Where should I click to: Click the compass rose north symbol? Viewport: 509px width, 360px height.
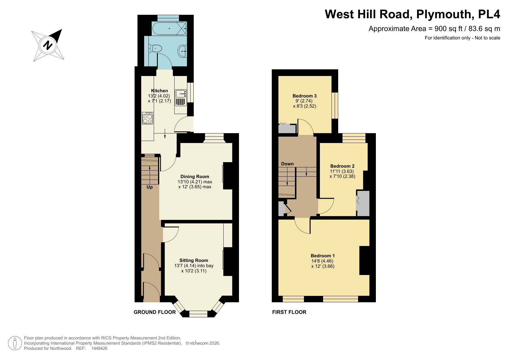pyautogui.click(x=48, y=46)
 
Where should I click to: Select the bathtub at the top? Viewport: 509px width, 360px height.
pyautogui.click(x=169, y=28)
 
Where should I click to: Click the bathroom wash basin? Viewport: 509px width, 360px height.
pyautogui.click(x=182, y=52)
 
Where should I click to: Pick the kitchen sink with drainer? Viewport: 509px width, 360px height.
pyautogui.click(x=181, y=98)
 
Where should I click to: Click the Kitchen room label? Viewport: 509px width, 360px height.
pyautogui.click(x=159, y=91)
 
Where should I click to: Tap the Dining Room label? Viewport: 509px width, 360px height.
pyautogui.click(x=195, y=176)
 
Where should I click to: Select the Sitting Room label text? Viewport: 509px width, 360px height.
pyautogui.click(x=193, y=260)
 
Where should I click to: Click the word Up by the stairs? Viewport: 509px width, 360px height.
pyautogui.click(x=149, y=187)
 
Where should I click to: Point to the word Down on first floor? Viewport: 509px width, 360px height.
pyautogui.click(x=287, y=164)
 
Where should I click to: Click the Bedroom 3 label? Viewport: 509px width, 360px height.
pyautogui.click(x=304, y=96)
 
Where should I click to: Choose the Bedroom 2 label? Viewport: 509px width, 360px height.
pyautogui.click(x=342, y=166)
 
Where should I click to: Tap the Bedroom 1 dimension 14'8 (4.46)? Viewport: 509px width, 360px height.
pyautogui.click(x=322, y=261)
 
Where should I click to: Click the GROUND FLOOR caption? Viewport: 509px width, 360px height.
pyautogui.click(x=155, y=312)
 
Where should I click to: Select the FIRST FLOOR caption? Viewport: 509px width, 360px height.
pyautogui.click(x=289, y=312)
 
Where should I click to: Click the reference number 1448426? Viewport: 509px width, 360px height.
pyautogui.click(x=99, y=348)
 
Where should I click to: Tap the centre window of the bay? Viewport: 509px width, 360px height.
pyautogui.click(x=198, y=314)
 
